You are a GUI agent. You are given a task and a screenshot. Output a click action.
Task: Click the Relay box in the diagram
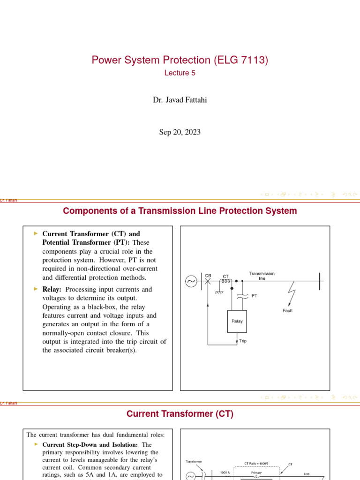click(x=237, y=321)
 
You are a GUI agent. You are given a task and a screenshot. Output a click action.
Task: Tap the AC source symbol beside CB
click(x=192, y=282)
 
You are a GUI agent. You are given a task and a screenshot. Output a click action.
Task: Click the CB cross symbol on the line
click(x=208, y=282)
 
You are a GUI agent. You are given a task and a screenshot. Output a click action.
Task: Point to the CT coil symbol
click(x=226, y=282)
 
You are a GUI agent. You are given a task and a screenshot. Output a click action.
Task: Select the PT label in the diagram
click(x=255, y=296)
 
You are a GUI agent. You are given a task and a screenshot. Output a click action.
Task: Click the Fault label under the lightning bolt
click(x=288, y=310)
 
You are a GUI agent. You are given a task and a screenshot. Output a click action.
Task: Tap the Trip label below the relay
click(x=243, y=341)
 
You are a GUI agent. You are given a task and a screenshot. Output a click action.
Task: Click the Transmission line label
click(x=262, y=276)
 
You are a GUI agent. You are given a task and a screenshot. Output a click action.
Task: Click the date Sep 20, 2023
click(x=180, y=132)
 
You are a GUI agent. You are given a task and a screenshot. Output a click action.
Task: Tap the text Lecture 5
click(x=180, y=73)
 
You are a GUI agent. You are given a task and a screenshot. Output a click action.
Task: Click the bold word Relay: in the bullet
click(x=52, y=290)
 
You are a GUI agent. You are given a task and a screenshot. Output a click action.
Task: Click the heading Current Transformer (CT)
click(x=180, y=414)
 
